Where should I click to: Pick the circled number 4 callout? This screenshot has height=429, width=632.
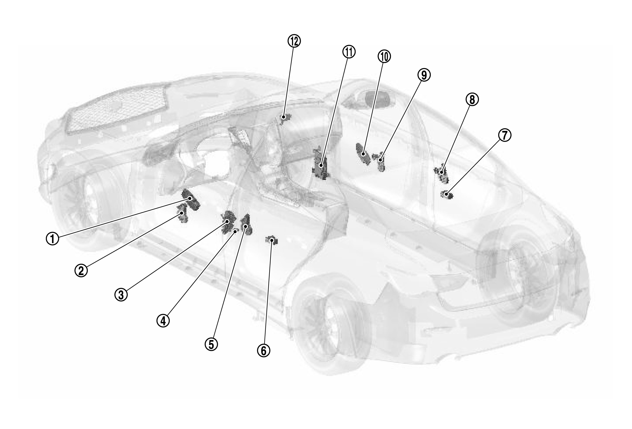click(163, 321)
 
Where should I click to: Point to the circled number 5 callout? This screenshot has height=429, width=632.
click(211, 344)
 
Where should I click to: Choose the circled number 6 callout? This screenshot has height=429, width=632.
click(264, 351)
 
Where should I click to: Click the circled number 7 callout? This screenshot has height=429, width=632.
click(504, 135)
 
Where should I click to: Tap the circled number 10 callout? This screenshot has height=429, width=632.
click(384, 56)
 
